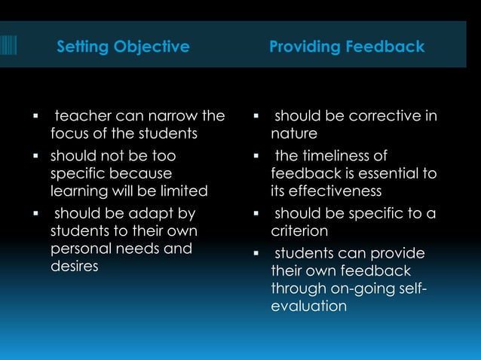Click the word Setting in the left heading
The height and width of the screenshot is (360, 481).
coord(83,47)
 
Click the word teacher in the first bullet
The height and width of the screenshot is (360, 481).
coord(81,116)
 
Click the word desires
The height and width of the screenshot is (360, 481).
coord(74,267)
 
